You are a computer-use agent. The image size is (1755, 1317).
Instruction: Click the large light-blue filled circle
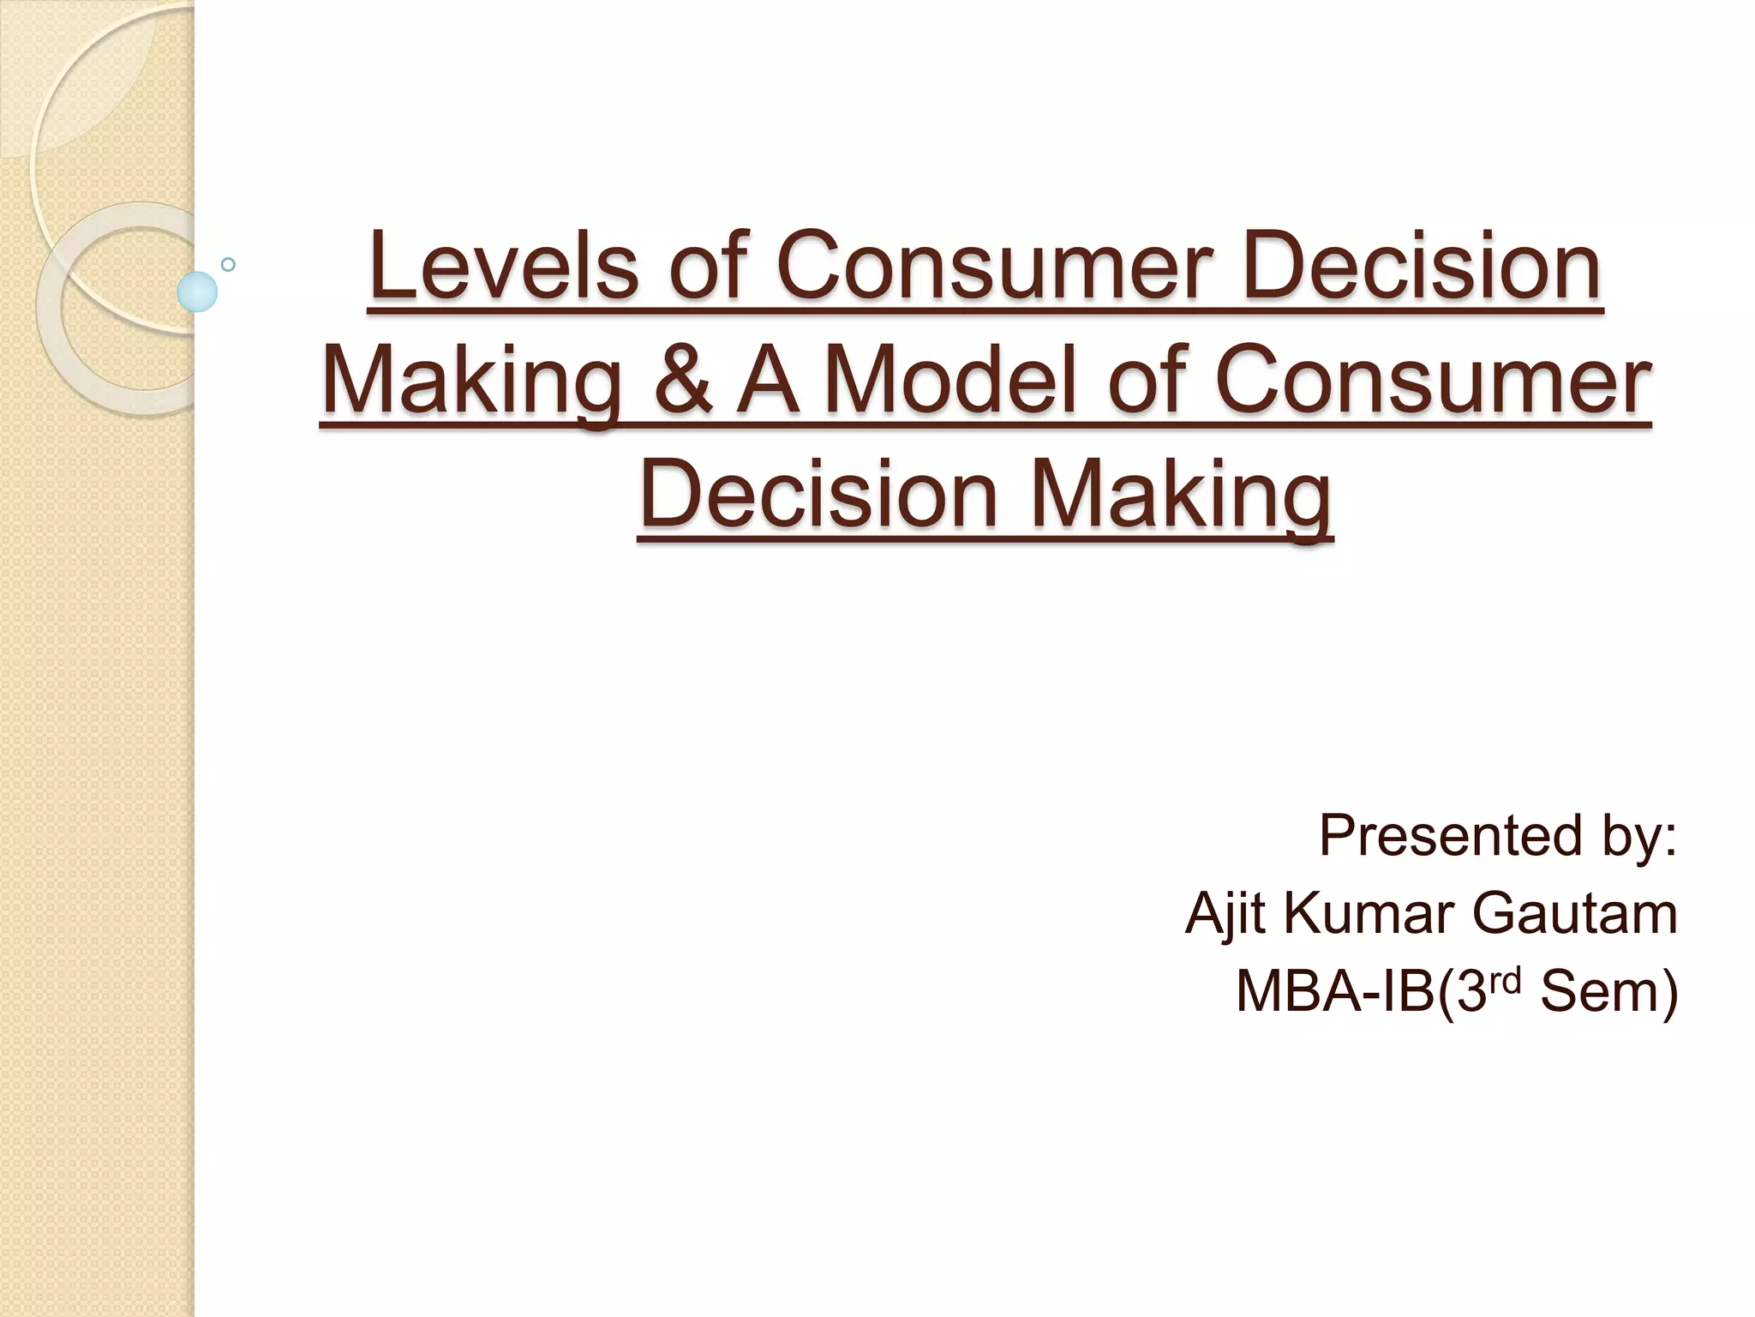point(197,292)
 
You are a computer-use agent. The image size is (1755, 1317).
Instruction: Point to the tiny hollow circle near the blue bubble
point(228,264)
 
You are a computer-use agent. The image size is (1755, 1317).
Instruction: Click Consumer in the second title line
point(1433,380)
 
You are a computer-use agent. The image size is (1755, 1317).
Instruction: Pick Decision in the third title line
point(819,494)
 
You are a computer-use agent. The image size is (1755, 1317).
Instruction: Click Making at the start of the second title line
point(472,380)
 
